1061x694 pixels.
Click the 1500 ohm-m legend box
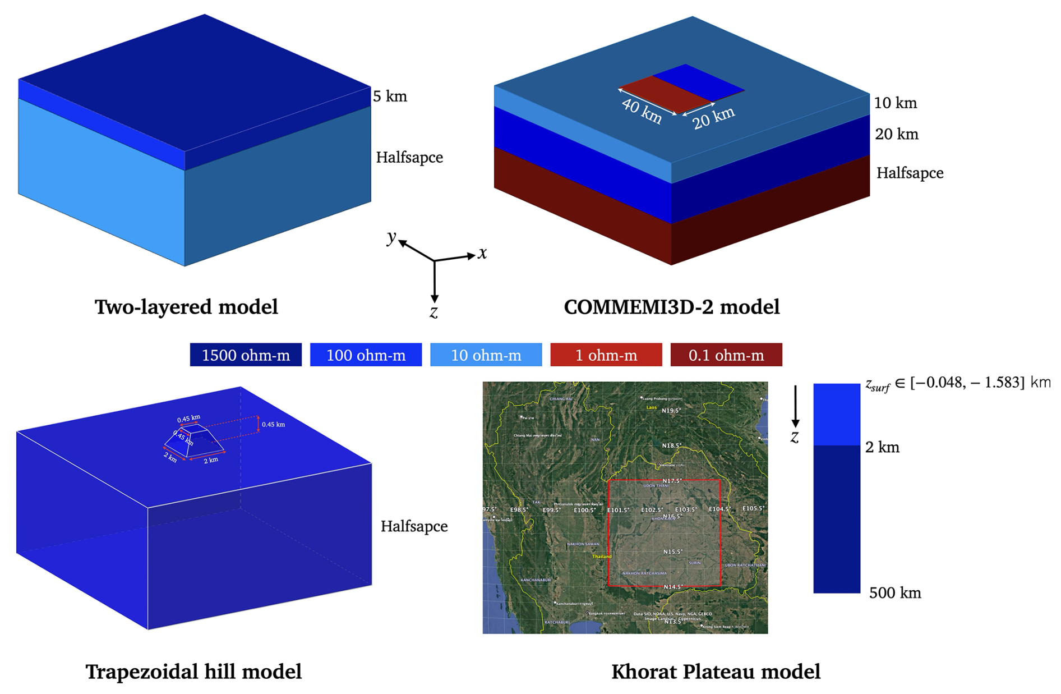tap(246, 355)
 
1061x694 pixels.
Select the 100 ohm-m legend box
tap(366, 355)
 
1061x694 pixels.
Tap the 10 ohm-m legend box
tap(486, 355)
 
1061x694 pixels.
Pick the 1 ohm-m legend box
tap(606, 355)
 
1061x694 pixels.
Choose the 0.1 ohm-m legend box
tap(726, 355)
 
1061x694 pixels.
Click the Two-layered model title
tap(186, 307)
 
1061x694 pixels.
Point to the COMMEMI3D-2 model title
tap(671, 307)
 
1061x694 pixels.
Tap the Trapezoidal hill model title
tap(193, 672)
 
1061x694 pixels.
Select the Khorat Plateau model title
tap(716, 672)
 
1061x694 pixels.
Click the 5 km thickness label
tap(390, 96)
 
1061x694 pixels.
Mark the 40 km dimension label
tap(642, 111)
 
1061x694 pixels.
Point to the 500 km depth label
tap(895, 593)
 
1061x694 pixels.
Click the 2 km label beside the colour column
tap(882, 447)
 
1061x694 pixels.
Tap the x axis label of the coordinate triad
tap(482, 254)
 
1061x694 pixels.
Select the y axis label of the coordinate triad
tap(391, 237)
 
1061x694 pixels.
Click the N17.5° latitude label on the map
tap(672, 481)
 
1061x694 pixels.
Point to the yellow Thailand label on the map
tap(602, 557)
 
